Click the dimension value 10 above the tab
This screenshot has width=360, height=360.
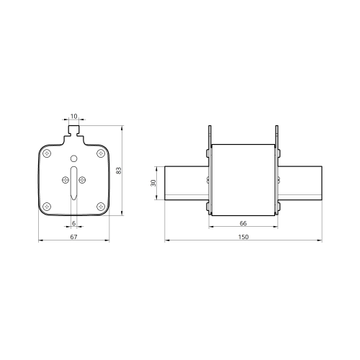point(74,116)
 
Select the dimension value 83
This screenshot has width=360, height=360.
point(119,171)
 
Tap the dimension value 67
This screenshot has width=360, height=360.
point(73,237)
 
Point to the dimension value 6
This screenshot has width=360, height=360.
point(73,223)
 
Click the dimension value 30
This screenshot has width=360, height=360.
point(153,183)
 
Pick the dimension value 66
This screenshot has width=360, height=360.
point(243,223)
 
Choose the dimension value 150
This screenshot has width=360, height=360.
point(243,237)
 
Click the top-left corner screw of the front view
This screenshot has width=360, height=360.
point(47,153)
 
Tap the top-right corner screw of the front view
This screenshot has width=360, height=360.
point(101,153)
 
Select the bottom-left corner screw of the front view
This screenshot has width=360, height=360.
point(47,206)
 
